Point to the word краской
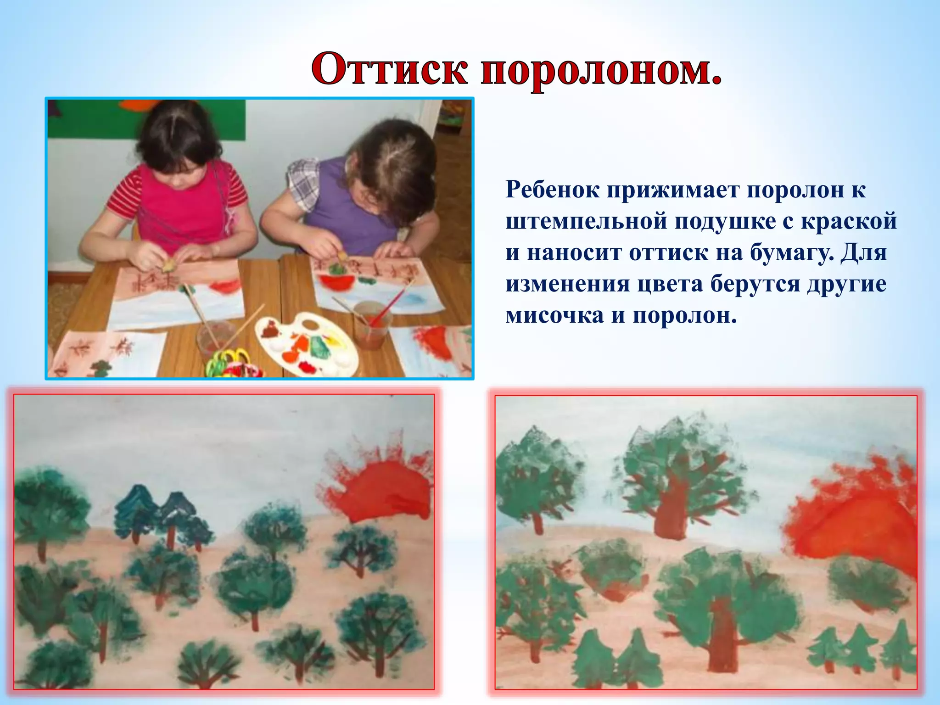coord(849,221)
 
